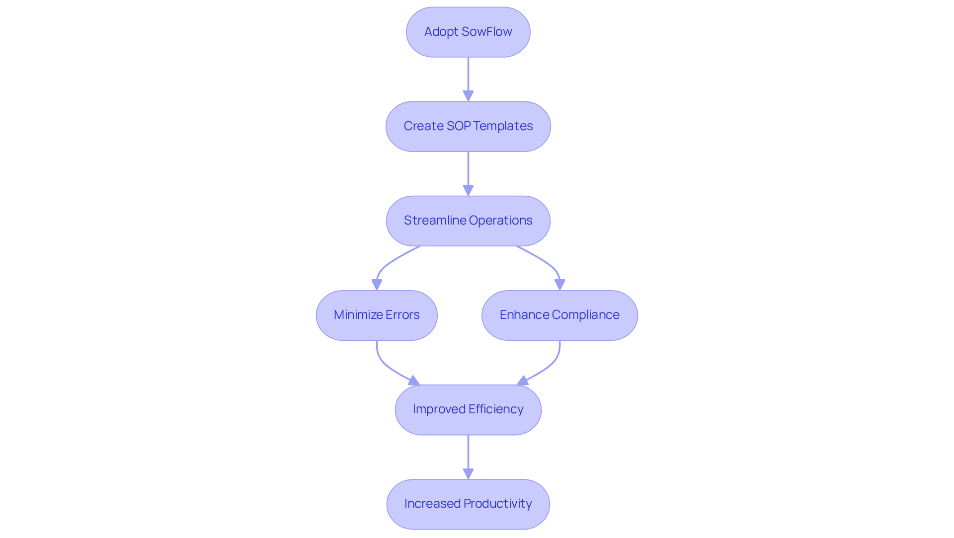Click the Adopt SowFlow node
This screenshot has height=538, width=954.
pyautogui.click(x=468, y=32)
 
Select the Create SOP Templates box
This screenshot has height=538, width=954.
pyautogui.click(x=468, y=126)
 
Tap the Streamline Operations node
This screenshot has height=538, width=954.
pyautogui.click(x=468, y=221)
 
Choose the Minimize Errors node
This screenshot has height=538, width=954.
pyautogui.click(x=376, y=315)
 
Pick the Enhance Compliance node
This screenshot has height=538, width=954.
pyautogui.click(x=559, y=315)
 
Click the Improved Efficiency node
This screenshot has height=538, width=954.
pyautogui.click(x=468, y=409)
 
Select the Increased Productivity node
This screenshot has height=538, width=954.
pyautogui.click(x=468, y=504)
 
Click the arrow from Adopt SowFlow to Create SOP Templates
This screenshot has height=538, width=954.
pyautogui.click(x=468, y=77)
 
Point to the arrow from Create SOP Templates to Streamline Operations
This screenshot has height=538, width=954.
pyautogui.click(x=468, y=171)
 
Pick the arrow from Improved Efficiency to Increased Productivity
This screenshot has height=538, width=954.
pyautogui.click(x=468, y=455)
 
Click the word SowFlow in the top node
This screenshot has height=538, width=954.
pyautogui.click(x=486, y=32)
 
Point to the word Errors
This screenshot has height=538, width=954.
pyautogui.click(x=402, y=315)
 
